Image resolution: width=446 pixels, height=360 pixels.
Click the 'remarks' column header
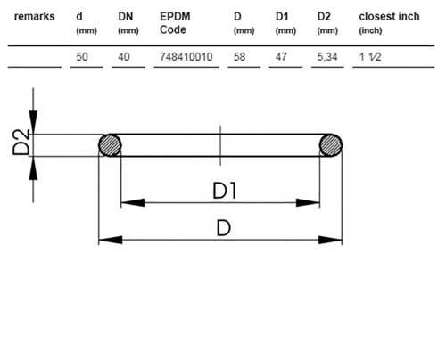click(x=35, y=17)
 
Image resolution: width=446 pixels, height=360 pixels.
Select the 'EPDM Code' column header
click(x=175, y=23)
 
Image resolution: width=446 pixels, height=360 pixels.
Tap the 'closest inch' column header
click(x=389, y=17)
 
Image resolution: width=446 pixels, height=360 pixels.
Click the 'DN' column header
click(x=126, y=17)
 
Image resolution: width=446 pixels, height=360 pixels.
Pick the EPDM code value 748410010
click(x=186, y=57)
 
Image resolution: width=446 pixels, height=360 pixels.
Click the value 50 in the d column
click(x=82, y=57)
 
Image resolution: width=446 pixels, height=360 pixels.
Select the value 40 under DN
click(x=124, y=57)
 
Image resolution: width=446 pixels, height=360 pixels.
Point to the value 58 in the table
click(x=239, y=57)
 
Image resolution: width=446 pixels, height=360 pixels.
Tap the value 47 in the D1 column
click(x=281, y=57)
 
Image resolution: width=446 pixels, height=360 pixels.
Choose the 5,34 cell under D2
click(x=327, y=57)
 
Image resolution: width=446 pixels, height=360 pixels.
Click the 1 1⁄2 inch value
click(x=370, y=57)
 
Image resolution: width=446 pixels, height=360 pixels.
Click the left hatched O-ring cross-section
click(x=110, y=145)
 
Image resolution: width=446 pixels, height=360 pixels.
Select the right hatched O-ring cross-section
click(x=331, y=145)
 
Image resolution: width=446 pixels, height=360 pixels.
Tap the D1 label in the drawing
click(x=225, y=191)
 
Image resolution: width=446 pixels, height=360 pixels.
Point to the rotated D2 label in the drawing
click(x=21, y=143)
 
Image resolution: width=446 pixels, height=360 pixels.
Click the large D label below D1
click(x=224, y=228)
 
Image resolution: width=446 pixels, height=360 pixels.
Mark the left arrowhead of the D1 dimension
click(x=133, y=203)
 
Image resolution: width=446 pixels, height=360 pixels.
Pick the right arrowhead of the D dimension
click(x=330, y=240)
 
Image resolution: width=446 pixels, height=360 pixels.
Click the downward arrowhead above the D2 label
click(x=33, y=122)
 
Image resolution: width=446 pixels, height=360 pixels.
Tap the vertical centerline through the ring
click(x=220, y=145)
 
